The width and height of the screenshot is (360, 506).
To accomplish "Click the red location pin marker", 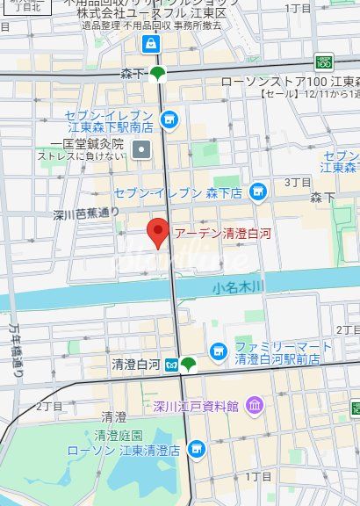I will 156,233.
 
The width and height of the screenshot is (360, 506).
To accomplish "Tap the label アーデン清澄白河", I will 216,235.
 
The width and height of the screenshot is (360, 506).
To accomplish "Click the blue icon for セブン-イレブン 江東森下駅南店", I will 169,116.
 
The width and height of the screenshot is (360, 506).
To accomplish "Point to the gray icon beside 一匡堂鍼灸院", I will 141,148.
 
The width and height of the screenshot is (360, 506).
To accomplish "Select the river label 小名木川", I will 239,287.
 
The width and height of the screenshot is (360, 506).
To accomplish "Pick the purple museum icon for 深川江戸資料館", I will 255,405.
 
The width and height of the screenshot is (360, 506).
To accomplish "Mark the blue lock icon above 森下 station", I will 153,43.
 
